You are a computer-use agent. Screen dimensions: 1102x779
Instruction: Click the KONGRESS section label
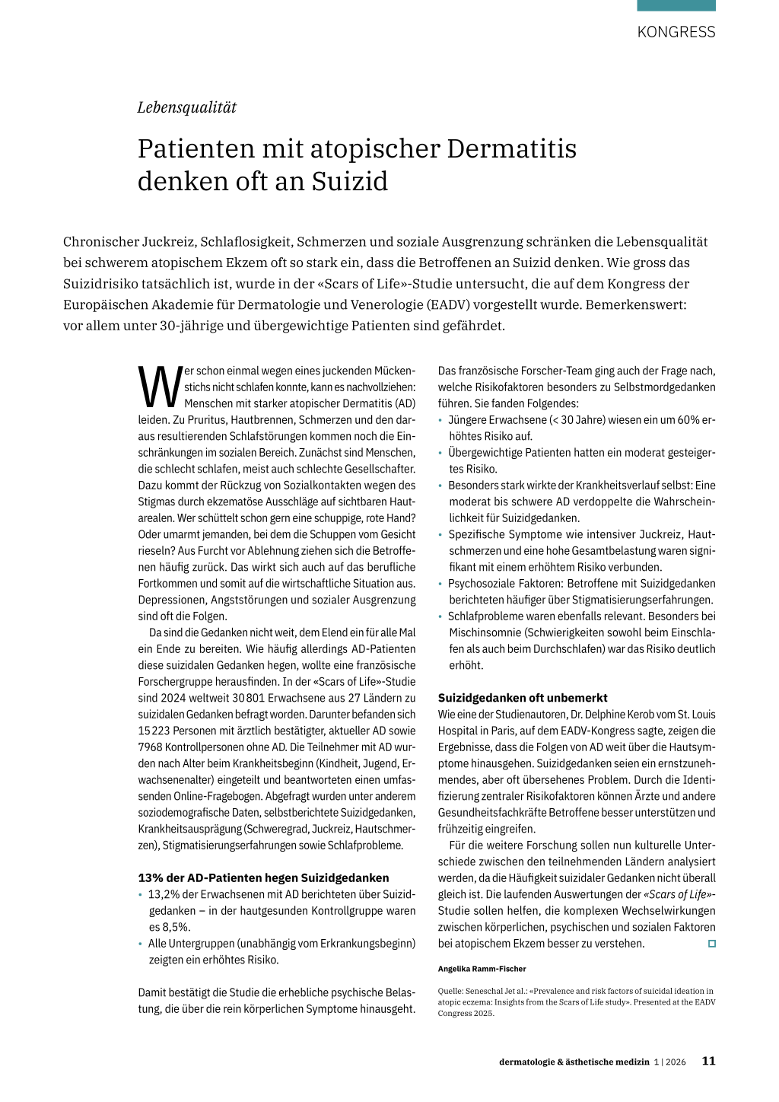pos(676,32)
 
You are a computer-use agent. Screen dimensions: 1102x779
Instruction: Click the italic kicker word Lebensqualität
pos(186,107)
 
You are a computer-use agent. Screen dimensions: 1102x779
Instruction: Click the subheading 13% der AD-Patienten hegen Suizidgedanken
pos(263,877)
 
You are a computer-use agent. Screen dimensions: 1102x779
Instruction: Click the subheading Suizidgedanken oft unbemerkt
pos(523,698)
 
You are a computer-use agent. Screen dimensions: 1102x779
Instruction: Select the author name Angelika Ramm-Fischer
pos(482,969)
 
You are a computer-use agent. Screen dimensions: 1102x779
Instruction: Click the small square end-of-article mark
pos(712,944)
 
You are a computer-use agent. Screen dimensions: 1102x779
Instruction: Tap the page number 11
pos(708,1061)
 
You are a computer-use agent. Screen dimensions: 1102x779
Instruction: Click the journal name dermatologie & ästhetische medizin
pos(574,1062)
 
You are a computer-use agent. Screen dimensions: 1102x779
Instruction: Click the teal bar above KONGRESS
pos(676,5)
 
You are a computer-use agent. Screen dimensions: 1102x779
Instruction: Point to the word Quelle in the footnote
pos(451,991)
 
